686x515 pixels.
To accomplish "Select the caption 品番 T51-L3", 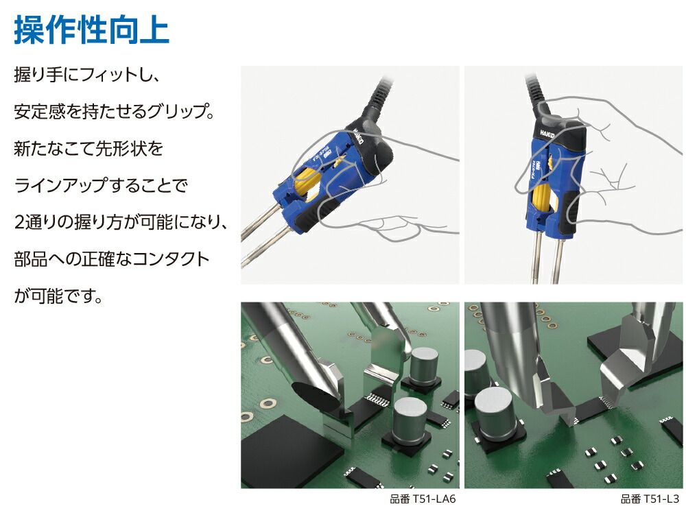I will (650, 499).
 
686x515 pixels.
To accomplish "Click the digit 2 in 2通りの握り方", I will (19, 223).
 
